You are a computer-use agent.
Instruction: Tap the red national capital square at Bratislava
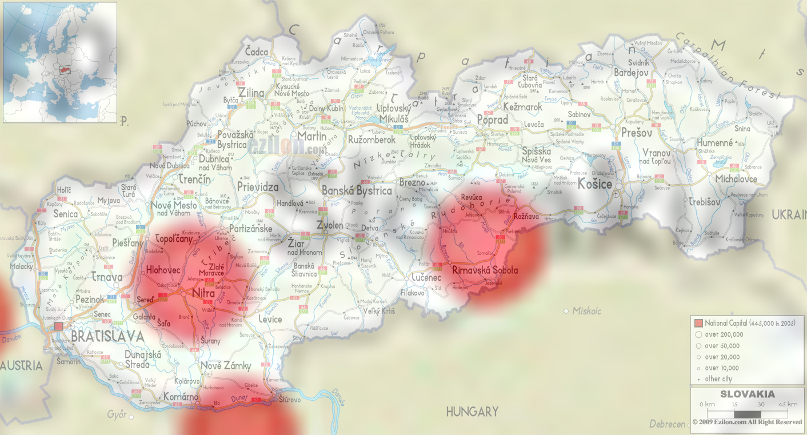pyautogui.click(x=59, y=326)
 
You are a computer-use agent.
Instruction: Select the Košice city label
pyautogui.click(x=595, y=184)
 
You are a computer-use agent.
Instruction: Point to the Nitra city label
pyautogui.click(x=204, y=294)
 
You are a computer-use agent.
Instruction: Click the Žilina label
pyautogui.click(x=251, y=93)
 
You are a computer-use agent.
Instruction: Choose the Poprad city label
pyautogui.click(x=493, y=121)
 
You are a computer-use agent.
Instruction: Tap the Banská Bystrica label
pyautogui.click(x=357, y=191)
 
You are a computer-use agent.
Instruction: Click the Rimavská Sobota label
pyautogui.click(x=485, y=270)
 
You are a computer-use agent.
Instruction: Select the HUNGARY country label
pyautogui.click(x=472, y=412)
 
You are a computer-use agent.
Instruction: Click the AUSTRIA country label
pyautogui.click(x=21, y=365)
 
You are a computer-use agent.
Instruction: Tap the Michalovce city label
pyautogui.click(x=736, y=179)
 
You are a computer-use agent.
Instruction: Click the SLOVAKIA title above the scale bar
pyautogui.click(x=747, y=394)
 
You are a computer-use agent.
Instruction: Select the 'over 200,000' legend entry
pyautogui.click(x=724, y=334)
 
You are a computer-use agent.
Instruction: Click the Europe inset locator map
pyautogui.click(x=60, y=62)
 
